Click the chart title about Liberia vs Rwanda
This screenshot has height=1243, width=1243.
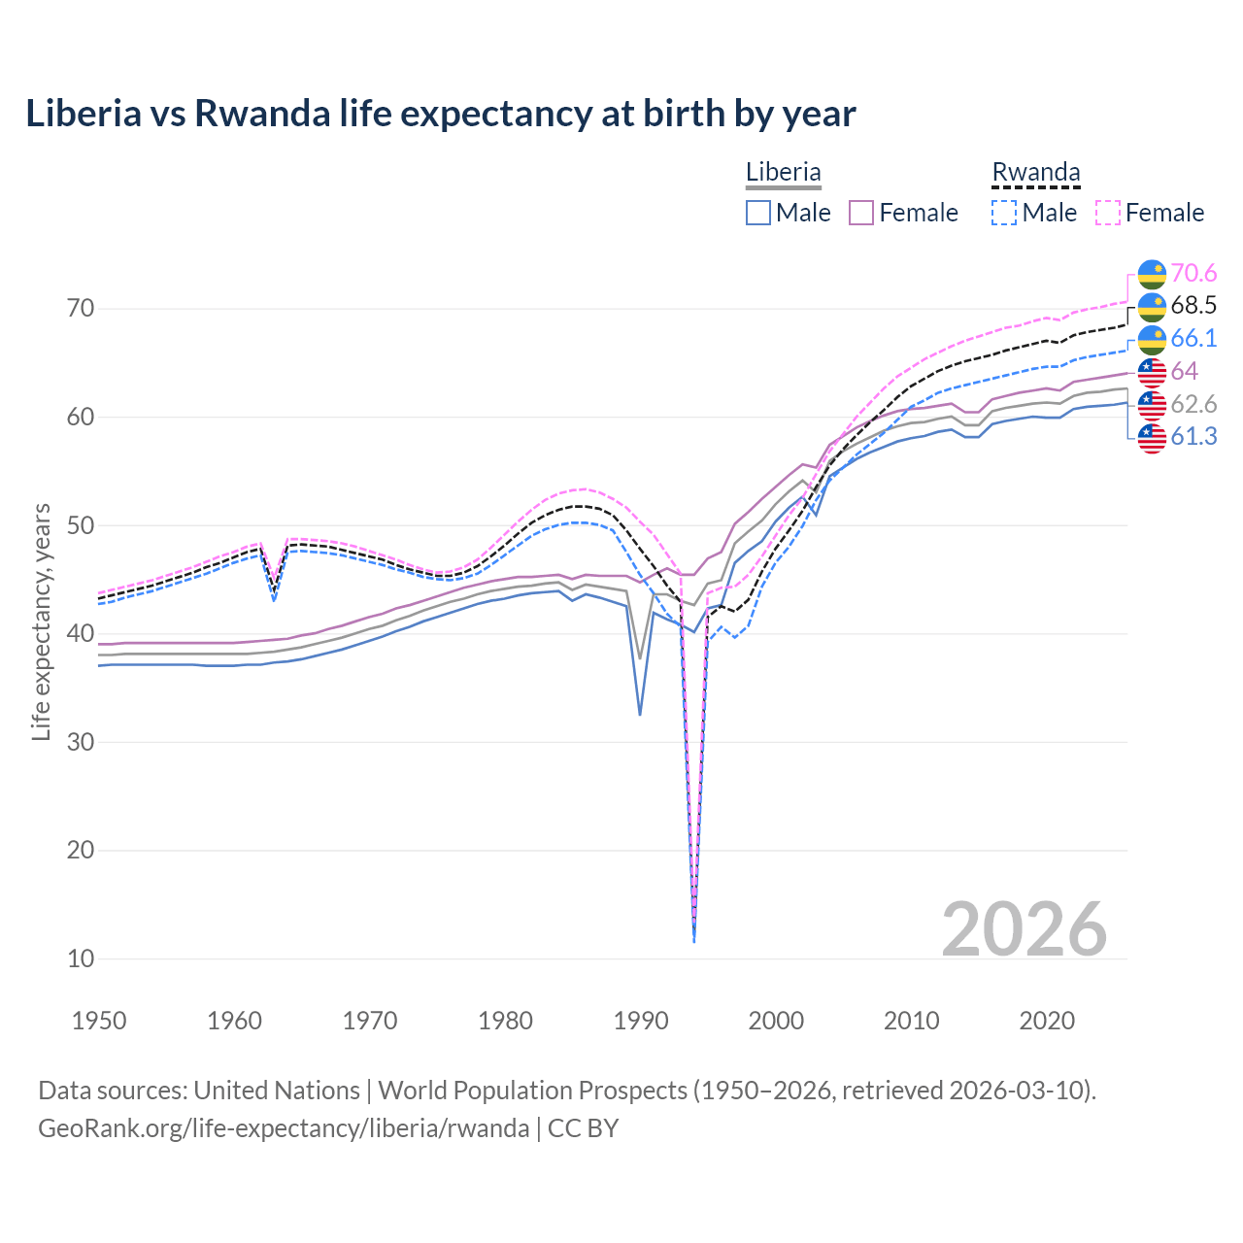(441, 114)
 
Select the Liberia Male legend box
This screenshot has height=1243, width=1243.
(758, 213)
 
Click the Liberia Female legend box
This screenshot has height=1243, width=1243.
(861, 213)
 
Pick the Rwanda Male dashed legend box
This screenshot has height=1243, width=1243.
(1004, 213)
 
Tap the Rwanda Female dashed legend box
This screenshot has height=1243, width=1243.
(1108, 213)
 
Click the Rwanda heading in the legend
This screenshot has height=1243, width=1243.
(1035, 173)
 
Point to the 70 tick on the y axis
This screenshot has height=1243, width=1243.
(81, 309)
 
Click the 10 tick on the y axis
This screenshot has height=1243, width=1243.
(81, 958)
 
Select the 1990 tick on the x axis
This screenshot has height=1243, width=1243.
(641, 1021)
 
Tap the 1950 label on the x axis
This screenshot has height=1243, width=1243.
(99, 1021)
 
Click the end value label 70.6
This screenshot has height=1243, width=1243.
(1193, 273)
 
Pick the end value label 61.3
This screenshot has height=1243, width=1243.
(1193, 437)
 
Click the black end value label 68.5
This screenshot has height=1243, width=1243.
(1193, 306)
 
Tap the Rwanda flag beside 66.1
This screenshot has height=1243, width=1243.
(1152, 339)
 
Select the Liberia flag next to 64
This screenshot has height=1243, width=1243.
(1152, 372)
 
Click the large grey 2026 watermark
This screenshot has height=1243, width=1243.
(1024, 929)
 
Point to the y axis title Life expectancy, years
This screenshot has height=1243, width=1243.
(41, 621)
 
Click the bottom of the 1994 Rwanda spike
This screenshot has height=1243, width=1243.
(693, 941)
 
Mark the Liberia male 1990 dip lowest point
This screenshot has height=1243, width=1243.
(640, 715)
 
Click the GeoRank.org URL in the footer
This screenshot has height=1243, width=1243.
(284, 1128)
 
